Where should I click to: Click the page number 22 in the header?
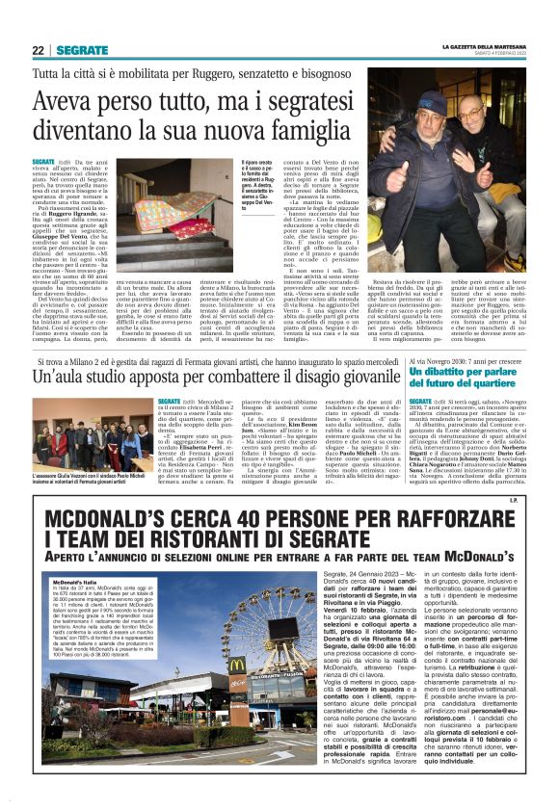pyautogui.click(x=38, y=49)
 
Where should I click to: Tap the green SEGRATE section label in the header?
pyautogui.click(x=82, y=49)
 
